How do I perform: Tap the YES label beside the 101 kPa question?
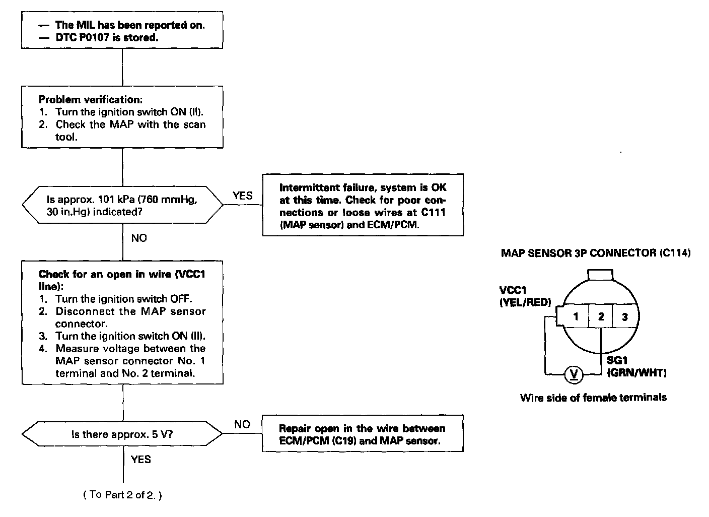point(243,196)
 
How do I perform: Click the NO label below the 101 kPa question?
point(139,238)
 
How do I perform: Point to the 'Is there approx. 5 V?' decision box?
point(122,434)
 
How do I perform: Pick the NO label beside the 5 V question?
point(242,424)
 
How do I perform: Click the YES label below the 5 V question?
point(140,459)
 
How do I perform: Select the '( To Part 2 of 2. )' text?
point(122,495)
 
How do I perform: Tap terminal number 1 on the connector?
point(576,316)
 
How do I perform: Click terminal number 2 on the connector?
point(601,316)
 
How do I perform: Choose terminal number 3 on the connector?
point(624,316)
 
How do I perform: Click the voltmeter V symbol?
point(574,374)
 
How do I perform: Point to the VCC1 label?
point(513,291)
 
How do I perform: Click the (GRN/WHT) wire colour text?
point(636,373)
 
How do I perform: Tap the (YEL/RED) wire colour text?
point(525,302)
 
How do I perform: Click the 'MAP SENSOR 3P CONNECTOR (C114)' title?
point(595,253)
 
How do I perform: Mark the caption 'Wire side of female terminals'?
point(593,398)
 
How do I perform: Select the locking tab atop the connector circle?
point(600,275)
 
